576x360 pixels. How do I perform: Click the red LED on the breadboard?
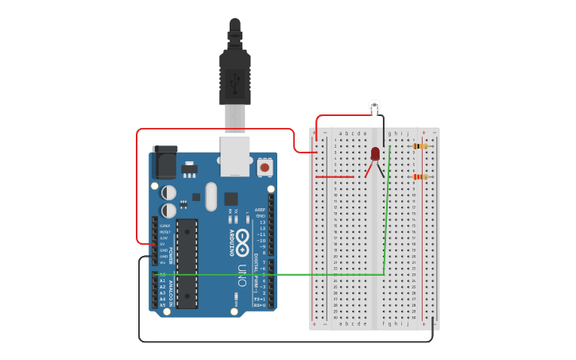[x=375, y=153]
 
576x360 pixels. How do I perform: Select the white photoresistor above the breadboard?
[x=374, y=105]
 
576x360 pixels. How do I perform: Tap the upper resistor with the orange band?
[x=420, y=146]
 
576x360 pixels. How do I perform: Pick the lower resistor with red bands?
[x=420, y=176]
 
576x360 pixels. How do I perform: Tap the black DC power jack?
[x=164, y=163]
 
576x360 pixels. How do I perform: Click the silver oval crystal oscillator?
[x=211, y=196]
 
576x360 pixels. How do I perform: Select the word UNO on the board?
[x=242, y=274]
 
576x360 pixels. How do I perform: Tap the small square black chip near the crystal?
[x=231, y=199]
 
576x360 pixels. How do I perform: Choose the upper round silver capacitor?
[x=169, y=192]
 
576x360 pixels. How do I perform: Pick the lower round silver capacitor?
[x=169, y=211]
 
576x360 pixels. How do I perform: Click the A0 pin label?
[x=163, y=274]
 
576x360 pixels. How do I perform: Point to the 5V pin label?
[x=163, y=244]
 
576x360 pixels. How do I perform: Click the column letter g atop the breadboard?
[x=389, y=134]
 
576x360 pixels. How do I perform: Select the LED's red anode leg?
[x=369, y=168]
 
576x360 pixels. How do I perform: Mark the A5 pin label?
[x=163, y=305]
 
